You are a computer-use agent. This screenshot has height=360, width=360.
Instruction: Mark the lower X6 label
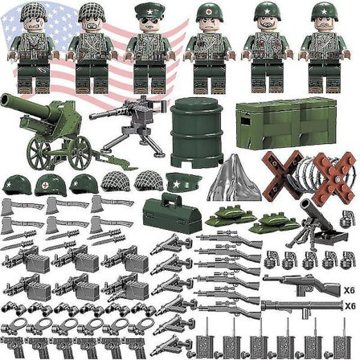(x=349, y=306)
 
